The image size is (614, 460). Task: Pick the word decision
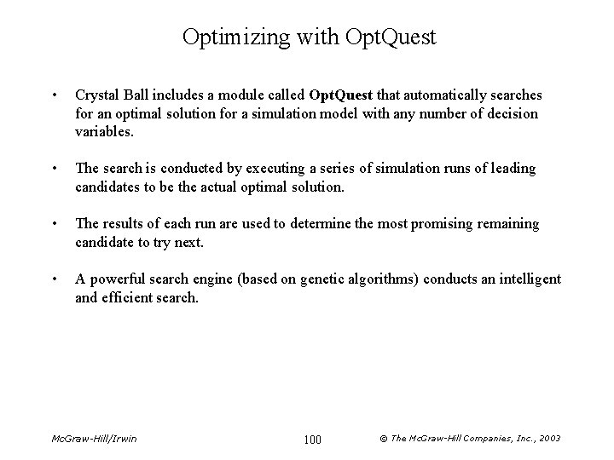click(x=510, y=112)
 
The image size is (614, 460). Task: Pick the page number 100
click(x=312, y=439)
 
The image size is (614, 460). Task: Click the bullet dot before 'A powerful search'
click(x=55, y=279)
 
